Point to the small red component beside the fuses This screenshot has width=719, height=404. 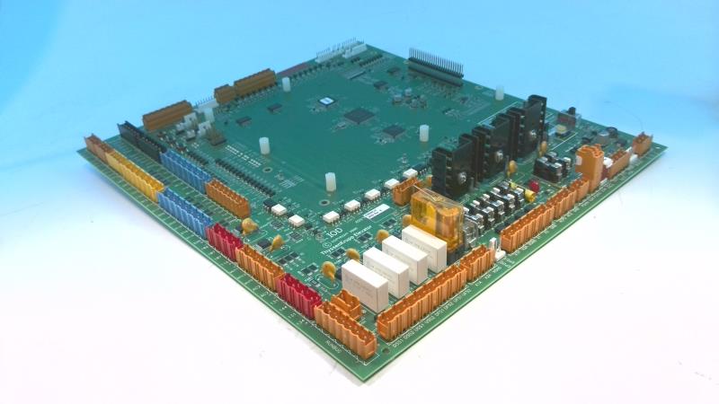pos(532,188)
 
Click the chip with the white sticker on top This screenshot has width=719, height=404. pos(327,101)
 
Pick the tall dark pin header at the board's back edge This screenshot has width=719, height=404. pos(435,64)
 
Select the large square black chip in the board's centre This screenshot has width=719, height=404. pos(359,116)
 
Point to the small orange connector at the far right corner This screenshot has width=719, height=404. pos(642,143)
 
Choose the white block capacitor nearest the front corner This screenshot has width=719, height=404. pos(364,278)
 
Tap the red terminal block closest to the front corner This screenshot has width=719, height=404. pos(298,293)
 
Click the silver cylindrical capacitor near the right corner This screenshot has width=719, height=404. pos(614,132)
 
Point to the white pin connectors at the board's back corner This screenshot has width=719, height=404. pos(342,51)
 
